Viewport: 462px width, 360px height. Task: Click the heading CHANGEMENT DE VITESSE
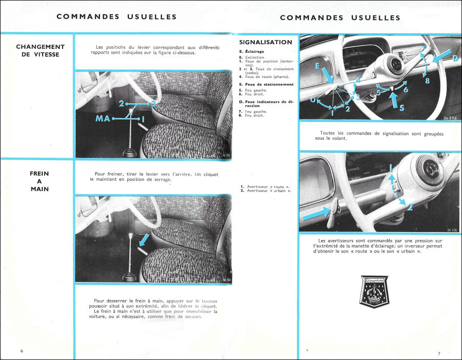(40, 50)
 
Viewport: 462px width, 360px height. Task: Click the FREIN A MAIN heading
(40, 181)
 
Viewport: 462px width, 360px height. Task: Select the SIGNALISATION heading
(265, 42)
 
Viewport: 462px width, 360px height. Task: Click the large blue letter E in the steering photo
(317, 67)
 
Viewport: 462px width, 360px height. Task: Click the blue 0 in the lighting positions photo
(313, 101)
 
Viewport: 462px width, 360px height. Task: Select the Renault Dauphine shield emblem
(378, 294)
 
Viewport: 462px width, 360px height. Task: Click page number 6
(22, 351)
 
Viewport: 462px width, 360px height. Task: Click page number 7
(439, 353)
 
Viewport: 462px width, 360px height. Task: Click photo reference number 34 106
(452, 229)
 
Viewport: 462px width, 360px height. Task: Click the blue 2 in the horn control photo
(410, 207)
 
